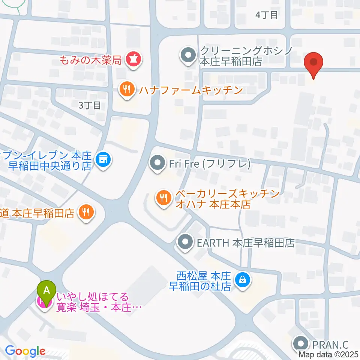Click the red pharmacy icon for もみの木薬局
133,59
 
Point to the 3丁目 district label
90,105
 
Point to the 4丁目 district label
267,15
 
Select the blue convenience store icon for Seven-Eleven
103,160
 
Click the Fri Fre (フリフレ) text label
209,163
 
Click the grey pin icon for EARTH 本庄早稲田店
186,242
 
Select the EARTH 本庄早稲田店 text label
246,243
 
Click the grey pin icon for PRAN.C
301,343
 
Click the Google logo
25,351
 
